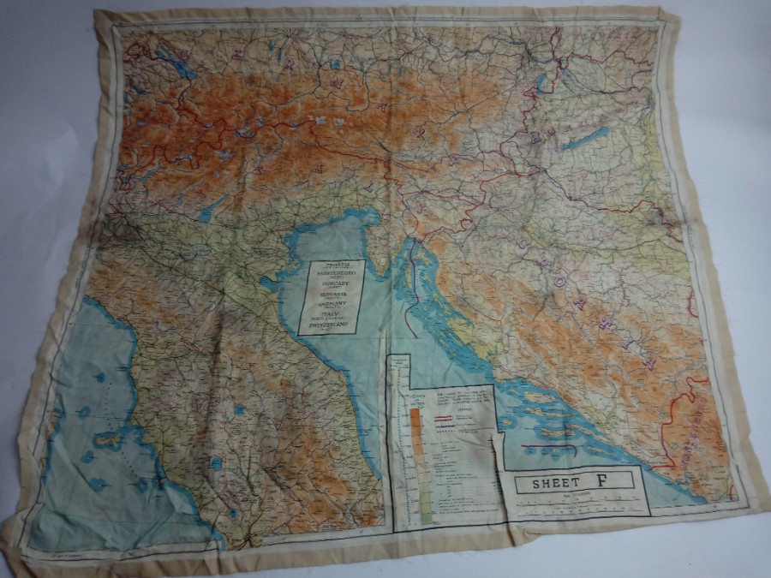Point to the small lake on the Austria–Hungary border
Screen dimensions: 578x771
click(x=541, y=84)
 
